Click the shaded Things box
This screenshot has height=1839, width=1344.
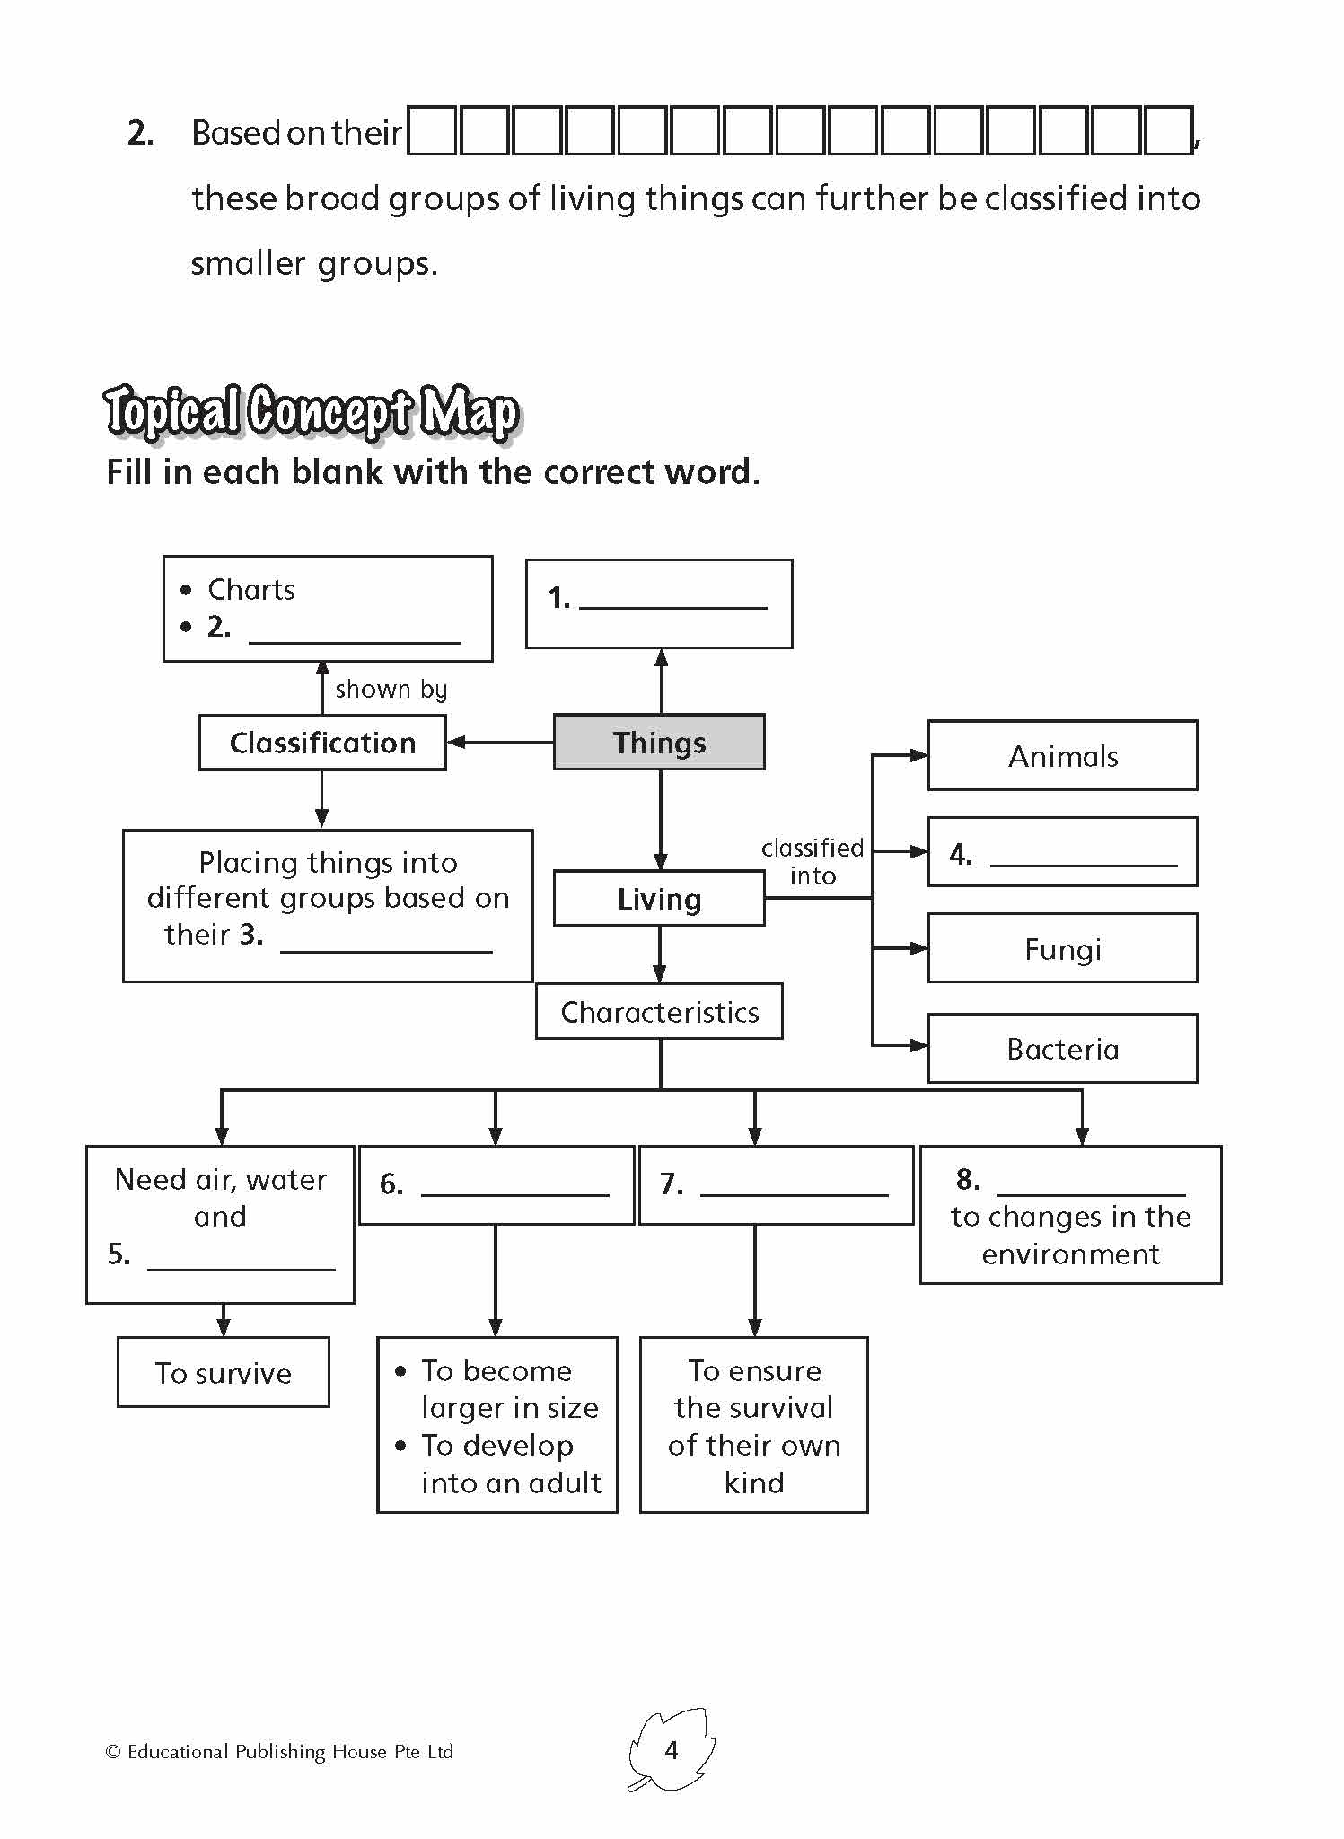point(659,743)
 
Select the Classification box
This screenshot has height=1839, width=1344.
point(322,743)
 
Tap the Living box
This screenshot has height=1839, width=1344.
point(659,899)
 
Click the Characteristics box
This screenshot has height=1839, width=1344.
point(659,1012)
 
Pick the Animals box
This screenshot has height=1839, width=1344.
point(1062,756)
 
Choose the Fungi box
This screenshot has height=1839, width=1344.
point(1062,949)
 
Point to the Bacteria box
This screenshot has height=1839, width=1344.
point(1062,1049)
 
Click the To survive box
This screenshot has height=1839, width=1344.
point(223,1373)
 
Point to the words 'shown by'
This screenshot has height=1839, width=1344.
point(391,689)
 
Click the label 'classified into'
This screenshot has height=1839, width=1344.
point(813,861)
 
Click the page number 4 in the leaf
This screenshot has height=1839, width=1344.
point(671,1750)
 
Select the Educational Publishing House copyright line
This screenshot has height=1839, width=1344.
point(279,1752)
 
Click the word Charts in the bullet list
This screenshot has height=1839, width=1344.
point(250,590)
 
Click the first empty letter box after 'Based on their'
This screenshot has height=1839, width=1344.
point(433,131)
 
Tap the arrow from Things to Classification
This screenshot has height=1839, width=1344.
point(499,743)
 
